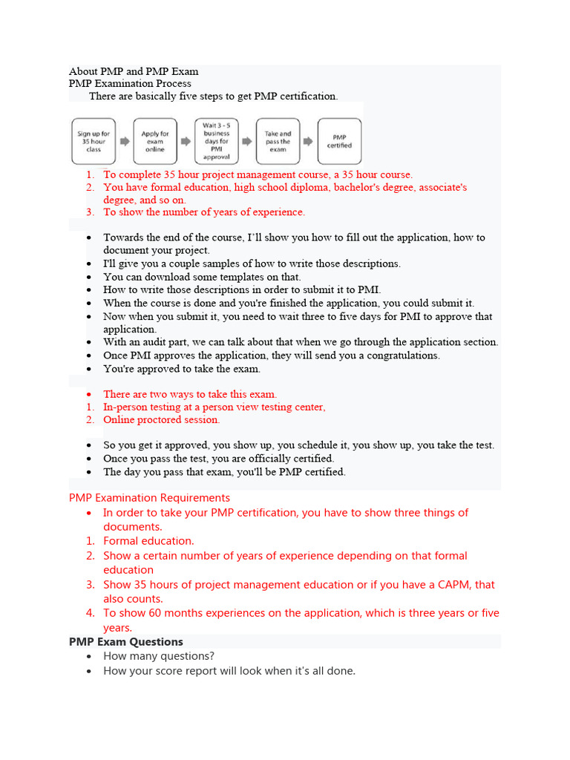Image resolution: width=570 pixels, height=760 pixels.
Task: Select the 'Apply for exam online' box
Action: [155, 141]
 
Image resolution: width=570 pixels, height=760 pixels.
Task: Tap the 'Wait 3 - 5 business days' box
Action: [216, 141]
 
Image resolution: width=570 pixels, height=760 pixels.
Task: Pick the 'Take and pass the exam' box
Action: [278, 141]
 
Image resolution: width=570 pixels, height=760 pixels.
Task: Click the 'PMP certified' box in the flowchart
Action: [339, 141]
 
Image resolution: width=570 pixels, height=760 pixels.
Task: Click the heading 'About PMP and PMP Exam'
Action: [134, 71]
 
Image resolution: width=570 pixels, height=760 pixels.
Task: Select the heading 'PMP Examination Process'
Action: [130, 84]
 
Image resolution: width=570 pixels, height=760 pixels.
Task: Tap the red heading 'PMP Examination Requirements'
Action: [149, 498]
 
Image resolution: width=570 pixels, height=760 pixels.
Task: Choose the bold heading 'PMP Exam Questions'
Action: [126, 642]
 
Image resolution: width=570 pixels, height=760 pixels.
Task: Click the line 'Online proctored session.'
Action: [161, 420]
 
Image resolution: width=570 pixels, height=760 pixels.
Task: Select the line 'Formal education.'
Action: [148, 541]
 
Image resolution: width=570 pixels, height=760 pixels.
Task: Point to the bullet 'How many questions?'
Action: [159, 656]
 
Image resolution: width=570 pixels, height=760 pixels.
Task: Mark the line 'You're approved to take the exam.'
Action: [182, 369]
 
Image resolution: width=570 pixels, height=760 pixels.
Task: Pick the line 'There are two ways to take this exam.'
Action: [190, 394]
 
